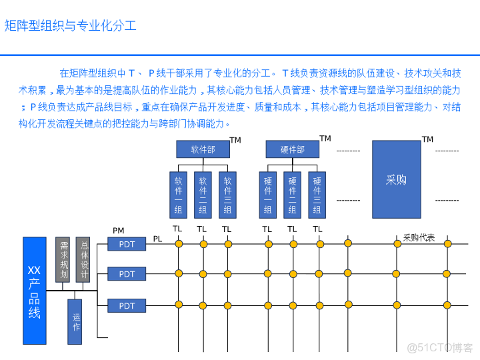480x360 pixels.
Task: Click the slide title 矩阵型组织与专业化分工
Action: [71, 26]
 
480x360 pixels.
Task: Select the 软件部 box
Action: [203, 149]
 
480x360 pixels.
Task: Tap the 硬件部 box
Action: [292, 149]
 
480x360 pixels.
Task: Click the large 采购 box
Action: [396, 179]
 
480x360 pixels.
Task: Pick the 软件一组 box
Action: [178, 195]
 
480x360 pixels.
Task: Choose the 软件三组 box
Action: [227, 195]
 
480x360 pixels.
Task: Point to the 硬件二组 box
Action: [292, 195]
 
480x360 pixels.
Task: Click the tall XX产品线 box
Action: [35, 290]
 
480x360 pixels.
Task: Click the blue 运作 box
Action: [75, 321]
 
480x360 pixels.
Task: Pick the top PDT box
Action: [127, 244]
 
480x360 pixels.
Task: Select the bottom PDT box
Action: [127, 305]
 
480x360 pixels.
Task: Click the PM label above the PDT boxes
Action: [118, 231]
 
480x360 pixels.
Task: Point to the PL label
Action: [157, 239]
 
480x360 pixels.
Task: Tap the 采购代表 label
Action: [419, 237]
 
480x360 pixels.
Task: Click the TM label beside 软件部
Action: [235, 140]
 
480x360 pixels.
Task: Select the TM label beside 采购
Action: [427, 139]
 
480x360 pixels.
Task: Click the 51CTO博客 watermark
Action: [439, 347]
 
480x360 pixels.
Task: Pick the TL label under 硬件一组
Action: [267, 229]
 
